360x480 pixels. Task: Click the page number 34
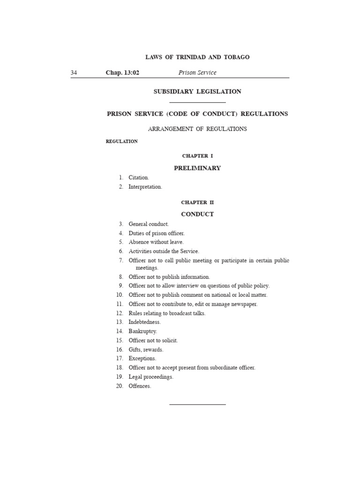74,73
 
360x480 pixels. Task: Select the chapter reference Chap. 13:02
123,73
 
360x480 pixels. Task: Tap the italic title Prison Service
197,73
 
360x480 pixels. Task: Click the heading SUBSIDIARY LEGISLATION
197,92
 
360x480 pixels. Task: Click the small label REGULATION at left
122,142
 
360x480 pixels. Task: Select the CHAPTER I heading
197,156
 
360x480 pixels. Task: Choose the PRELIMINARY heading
197,168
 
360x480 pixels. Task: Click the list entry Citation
139,178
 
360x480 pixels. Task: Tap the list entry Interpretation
145,187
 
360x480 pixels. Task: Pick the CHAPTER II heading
197,202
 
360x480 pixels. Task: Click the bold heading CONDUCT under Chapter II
197,214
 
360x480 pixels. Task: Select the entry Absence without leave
156,242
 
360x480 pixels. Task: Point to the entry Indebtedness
144,322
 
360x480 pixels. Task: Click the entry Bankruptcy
143,331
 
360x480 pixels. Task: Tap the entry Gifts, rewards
146,350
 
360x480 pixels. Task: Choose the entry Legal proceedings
151,377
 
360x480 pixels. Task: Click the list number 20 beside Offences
120,386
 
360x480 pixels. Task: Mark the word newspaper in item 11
244,304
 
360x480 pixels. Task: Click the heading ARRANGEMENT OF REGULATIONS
197,129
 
